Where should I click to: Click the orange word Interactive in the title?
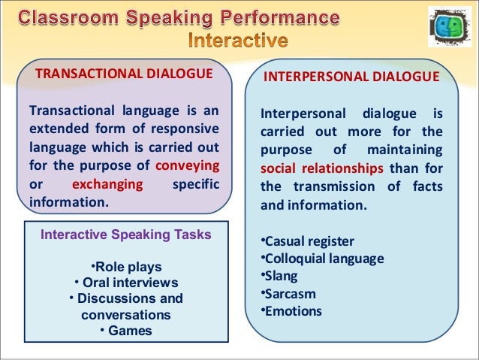236,39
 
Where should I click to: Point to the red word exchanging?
107,184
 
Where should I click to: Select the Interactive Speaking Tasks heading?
125,234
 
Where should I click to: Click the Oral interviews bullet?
125,283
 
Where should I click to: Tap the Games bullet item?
125,331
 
